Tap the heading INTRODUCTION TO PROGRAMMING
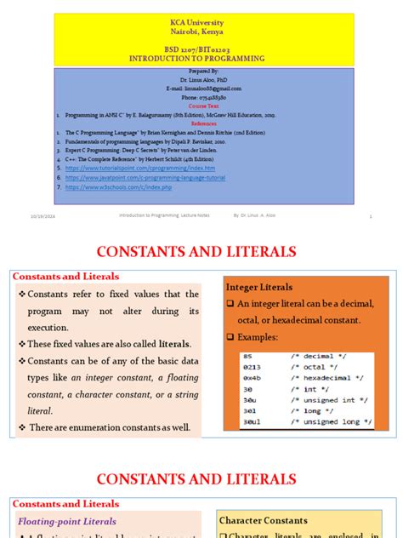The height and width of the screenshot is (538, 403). [201, 59]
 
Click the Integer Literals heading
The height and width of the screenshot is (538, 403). [258, 287]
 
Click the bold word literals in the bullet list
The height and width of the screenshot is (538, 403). [174, 344]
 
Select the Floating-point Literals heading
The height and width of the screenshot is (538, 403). [67, 521]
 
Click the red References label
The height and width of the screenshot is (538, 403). [202, 122]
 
